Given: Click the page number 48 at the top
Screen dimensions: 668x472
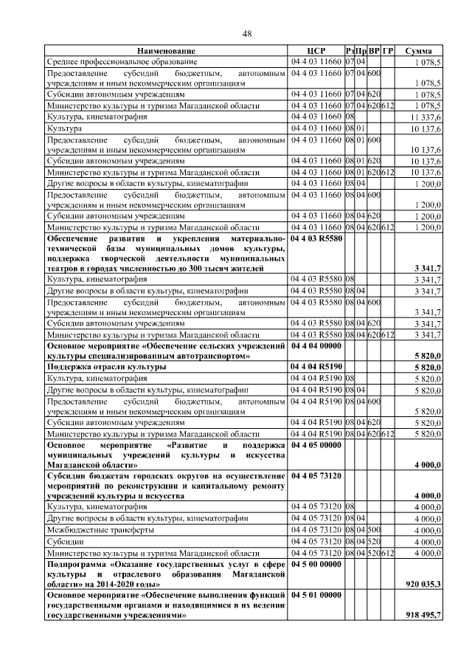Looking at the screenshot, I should click(x=248, y=33).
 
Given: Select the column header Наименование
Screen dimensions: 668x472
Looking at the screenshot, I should click(x=166, y=51).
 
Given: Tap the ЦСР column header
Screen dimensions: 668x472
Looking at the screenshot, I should click(x=316, y=51).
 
